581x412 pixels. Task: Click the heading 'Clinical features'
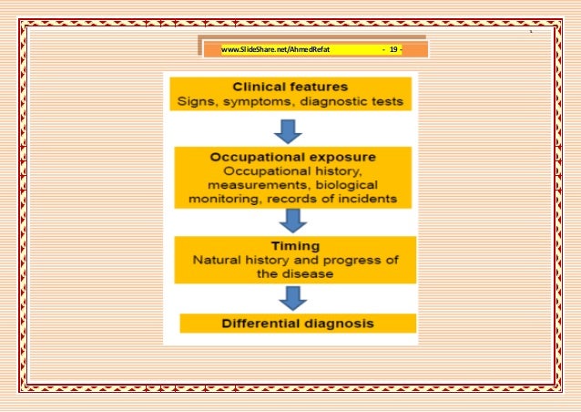click(290, 85)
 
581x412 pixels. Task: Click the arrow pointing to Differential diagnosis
click(291, 298)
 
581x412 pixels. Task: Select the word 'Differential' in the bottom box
click(260, 323)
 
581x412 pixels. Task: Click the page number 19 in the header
click(393, 50)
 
